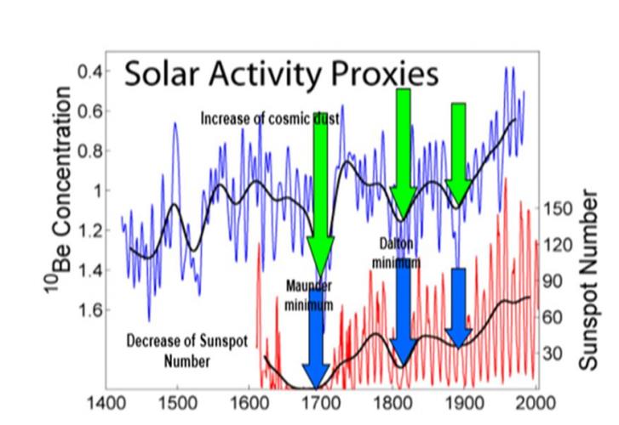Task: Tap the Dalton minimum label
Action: pos(396,253)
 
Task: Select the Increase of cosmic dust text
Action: pos(270,120)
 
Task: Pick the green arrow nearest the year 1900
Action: pos(459,153)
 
